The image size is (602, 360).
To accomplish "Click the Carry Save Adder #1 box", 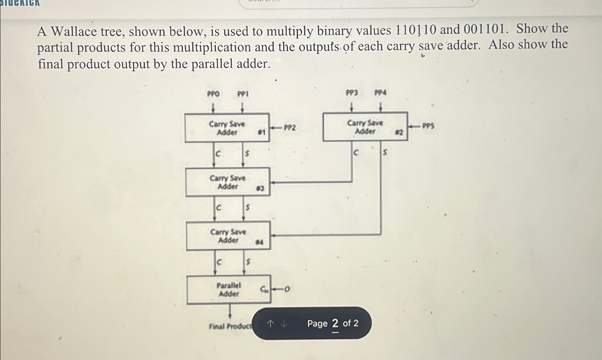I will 227,128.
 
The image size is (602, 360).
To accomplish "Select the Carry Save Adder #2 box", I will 365,127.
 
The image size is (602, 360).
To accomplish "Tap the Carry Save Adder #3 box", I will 227,182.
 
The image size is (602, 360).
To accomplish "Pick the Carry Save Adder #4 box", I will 228,236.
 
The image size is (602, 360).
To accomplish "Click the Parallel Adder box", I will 229,290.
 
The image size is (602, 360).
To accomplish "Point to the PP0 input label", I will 213,94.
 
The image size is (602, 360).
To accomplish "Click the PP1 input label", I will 243,94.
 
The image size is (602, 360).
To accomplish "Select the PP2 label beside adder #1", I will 290,128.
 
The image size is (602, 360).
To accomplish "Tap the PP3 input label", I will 352,93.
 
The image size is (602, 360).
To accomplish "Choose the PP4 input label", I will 380,93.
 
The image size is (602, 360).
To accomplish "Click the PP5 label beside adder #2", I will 428,126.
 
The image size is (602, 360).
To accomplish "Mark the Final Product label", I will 230,326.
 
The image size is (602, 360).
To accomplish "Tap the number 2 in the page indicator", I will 335,324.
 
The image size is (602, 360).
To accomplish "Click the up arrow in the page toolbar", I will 271,324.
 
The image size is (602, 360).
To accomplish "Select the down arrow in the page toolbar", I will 284,324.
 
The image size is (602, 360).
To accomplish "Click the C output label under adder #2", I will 356,153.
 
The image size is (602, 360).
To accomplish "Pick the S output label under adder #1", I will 247,154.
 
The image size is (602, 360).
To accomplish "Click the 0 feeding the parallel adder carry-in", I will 287,289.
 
